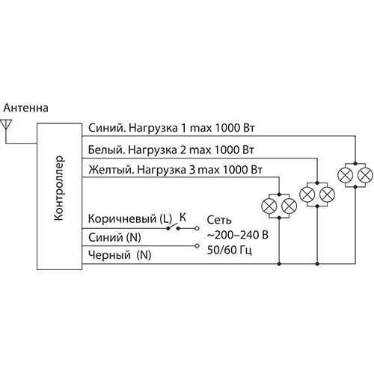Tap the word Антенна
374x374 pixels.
(27, 109)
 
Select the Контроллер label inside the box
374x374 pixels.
(60, 190)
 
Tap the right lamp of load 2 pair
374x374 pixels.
(327, 194)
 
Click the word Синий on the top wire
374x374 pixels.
(102, 128)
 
